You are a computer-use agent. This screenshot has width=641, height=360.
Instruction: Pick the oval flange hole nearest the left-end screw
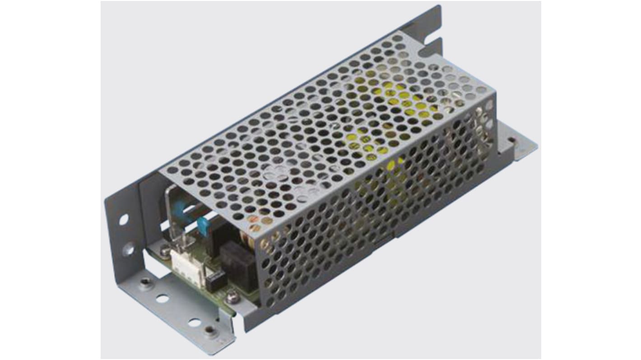pos(163,299)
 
